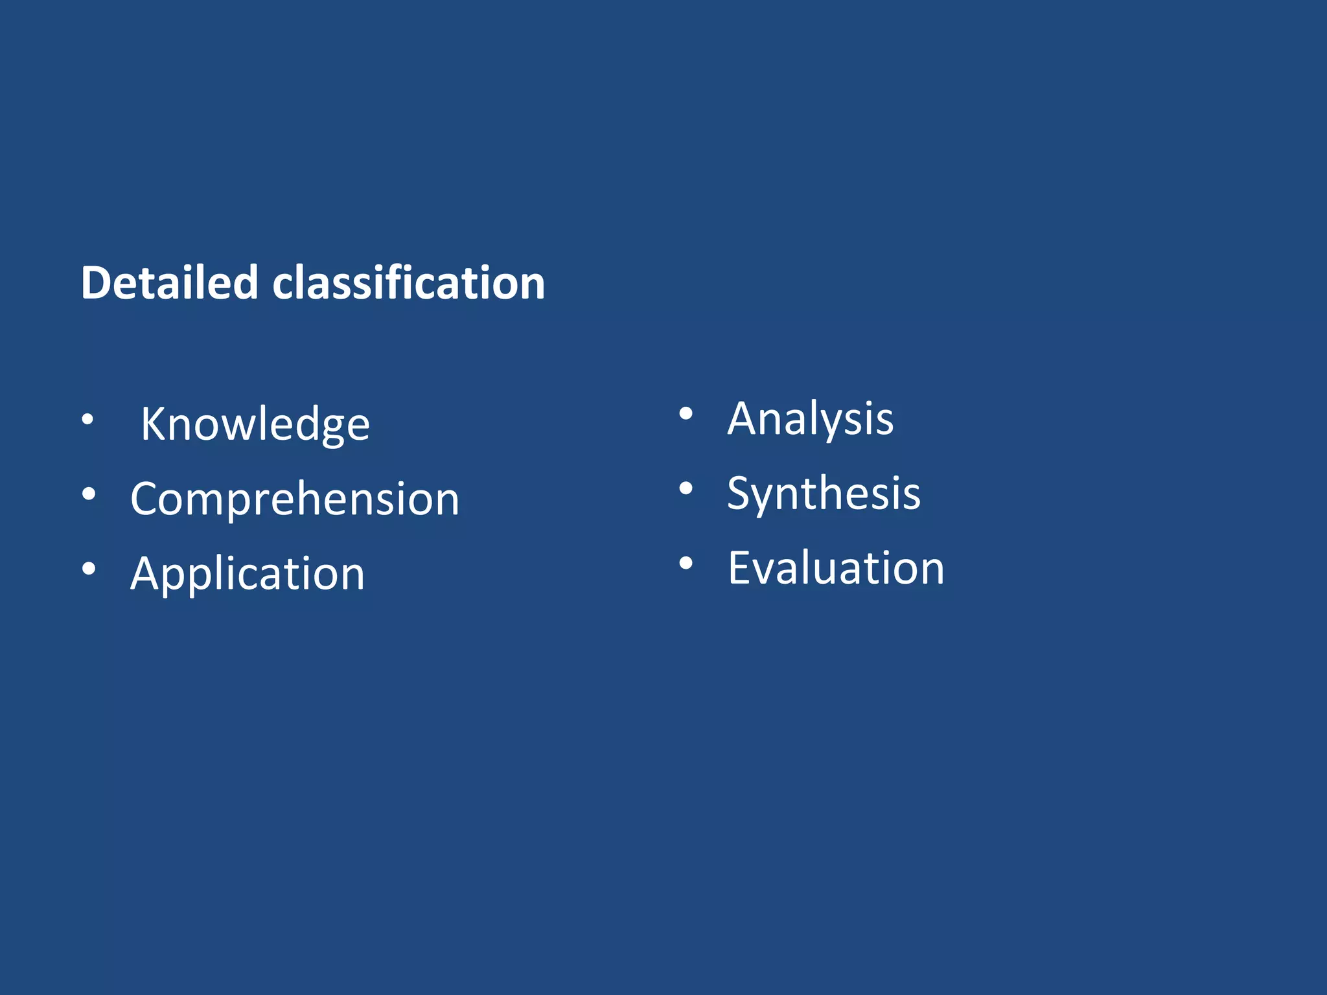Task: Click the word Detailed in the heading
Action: click(x=169, y=283)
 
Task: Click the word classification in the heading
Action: click(x=408, y=283)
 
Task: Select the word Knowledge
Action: click(x=255, y=424)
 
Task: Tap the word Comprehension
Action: click(x=295, y=499)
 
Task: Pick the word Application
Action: click(x=248, y=574)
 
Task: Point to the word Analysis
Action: click(x=810, y=419)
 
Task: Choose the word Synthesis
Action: click(x=824, y=494)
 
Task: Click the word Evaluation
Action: click(x=836, y=568)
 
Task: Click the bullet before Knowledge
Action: click(x=87, y=420)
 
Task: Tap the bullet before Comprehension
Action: click(x=89, y=494)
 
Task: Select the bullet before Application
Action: click(x=89, y=569)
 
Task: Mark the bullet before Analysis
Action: click(x=686, y=414)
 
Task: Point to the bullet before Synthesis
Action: click(x=686, y=488)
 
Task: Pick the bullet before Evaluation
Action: click(x=686, y=563)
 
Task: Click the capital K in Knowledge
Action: click(x=154, y=424)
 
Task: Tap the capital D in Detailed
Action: click(x=96, y=283)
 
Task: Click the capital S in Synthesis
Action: click(x=739, y=494)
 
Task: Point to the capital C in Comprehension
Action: click(x=145, y=499)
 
